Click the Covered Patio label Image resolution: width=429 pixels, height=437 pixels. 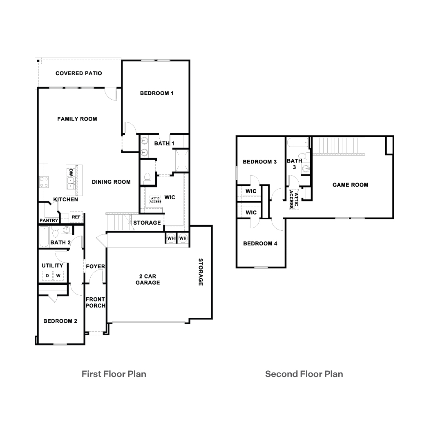(79, 74)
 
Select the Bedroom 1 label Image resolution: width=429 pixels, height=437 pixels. (157, 93)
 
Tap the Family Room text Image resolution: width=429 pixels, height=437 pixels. (77, 119)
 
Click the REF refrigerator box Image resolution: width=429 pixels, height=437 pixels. (76, 217)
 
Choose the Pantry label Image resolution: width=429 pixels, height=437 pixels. (49, 221)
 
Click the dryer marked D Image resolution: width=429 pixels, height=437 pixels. (47, 276)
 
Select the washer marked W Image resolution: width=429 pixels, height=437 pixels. (58, 276)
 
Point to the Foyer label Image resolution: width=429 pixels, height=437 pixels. (95, 267)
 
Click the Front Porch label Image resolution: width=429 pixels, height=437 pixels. (95, 303)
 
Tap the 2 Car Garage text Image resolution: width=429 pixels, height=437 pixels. (147, 279)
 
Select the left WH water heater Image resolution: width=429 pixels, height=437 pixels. (170, 239)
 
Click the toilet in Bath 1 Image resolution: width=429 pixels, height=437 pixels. (147, 178)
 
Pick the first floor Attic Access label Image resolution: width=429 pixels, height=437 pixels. (155, 200)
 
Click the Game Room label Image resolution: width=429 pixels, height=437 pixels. (350, 185)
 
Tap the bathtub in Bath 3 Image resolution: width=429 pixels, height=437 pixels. (295, 143)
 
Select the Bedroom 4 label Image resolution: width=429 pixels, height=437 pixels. (260, 243)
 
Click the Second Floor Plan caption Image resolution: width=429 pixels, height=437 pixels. (304, 374)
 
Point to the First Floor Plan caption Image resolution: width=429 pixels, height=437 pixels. (114, 374)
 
